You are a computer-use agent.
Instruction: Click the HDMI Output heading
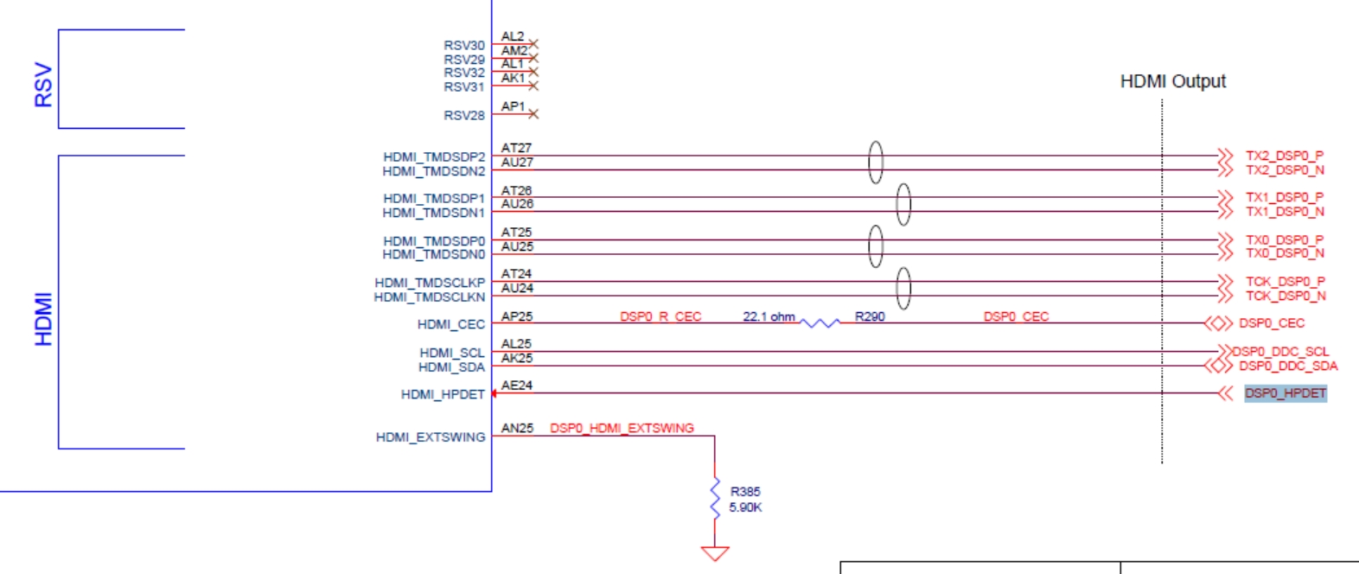pos(1172,81)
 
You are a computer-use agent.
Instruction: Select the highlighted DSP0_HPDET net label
pos(1285,393)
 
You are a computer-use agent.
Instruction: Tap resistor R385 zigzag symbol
pos(715,499)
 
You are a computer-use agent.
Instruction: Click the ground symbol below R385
pos(715,552)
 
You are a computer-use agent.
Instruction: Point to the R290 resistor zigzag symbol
pos(820,323)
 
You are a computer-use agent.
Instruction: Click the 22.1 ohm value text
pos(769,316)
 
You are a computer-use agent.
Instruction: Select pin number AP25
pos(517,316)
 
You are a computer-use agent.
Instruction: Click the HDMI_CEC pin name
pos(451,324)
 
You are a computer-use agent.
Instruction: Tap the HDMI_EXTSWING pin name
pos(431,437)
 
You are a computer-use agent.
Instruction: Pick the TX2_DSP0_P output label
pos(1284,156)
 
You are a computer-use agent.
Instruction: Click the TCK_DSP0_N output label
pos(1285,296)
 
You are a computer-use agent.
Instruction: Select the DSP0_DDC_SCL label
pos(1280,351)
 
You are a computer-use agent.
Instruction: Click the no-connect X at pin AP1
pos(533,114)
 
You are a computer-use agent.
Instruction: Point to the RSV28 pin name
pos(464,115)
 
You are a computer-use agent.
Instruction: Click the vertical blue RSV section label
pos(43,85)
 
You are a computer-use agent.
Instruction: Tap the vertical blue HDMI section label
pos(43,319)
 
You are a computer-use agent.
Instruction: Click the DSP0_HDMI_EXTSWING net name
pos(622,428)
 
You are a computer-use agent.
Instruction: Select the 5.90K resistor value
pos(745,507)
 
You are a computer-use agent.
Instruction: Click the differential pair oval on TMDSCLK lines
pos(903,288)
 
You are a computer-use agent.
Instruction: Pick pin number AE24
pos(517,386)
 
